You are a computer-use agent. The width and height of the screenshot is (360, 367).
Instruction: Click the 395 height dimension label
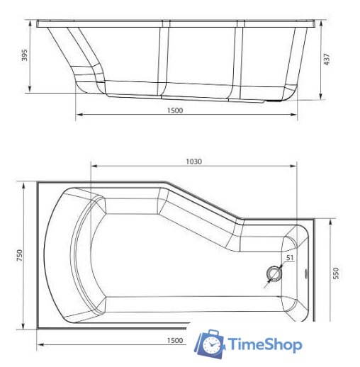pos(23,56)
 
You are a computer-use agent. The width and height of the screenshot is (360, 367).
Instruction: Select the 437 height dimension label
pos(327,60)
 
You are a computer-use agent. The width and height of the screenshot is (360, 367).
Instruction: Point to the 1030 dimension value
pos(194,162)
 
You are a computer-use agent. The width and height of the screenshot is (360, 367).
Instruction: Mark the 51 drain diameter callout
pos(290,259)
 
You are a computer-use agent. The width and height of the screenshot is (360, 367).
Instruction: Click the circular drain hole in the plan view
pos(274,272)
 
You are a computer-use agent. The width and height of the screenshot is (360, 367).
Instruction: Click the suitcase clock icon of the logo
pos(210,344)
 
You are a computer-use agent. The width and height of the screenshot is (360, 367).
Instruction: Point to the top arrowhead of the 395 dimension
pos(30,25)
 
